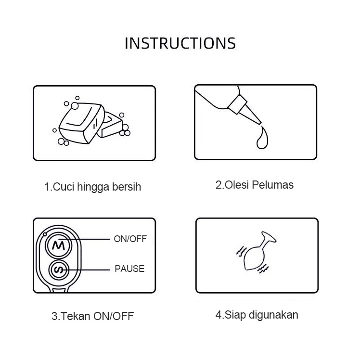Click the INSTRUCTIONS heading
[180, 43]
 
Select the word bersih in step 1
[127, 187]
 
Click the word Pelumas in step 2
[273, 185]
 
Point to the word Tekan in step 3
[76, 316]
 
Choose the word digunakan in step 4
[273, 315]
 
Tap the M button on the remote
[59, 245]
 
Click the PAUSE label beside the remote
[129, 269]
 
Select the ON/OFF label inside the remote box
[130, 239]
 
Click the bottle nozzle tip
[260, 123]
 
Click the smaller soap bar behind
[110, 126]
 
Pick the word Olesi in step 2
[237, 185]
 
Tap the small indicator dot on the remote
[45, 234]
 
